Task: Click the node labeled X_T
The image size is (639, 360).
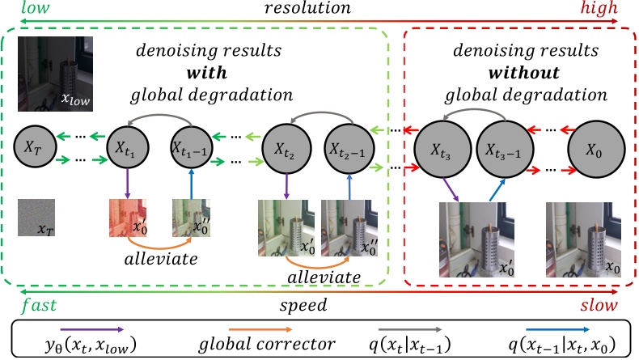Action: pos(34,147)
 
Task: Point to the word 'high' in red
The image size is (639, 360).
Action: pos(601,10)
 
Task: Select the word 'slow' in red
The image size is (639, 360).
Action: pos(599,308)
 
